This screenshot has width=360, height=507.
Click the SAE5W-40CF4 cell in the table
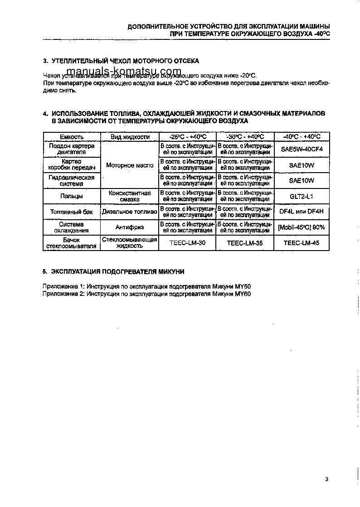[x=302, y=149]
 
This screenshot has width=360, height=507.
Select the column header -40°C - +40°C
[x=302, y=136]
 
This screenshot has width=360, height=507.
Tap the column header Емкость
[x=71, y=136]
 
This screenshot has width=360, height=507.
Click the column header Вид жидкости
[x=129, y=136]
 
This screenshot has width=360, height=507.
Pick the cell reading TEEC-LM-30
[x=187, y=243]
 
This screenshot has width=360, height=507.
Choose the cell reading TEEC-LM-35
[x=245, y=243]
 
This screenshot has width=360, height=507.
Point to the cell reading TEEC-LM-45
[x=302, y=243]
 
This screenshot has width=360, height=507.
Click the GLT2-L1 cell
[x=302, y=196]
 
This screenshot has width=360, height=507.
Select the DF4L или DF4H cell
[x=302, y=212]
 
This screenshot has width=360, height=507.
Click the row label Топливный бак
[x=71, y=212]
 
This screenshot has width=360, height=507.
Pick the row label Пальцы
[x=71, y=196]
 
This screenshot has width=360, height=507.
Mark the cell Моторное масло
[x=129, y=165]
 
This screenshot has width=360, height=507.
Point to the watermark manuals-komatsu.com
[x=123, y=72]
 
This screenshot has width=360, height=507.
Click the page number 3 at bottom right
[x=327, y=479]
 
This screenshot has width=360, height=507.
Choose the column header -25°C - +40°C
[x=187, y=136]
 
